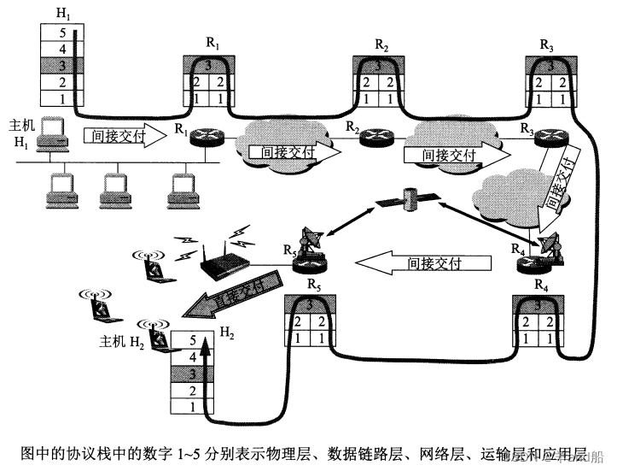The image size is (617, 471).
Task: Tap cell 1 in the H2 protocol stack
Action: pos(193,406)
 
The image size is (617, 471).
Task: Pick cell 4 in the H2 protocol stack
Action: pos(193,356)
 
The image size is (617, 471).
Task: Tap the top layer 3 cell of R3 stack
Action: pos(549,65)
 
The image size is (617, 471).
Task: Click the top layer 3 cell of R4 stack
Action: pos(538,304)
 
